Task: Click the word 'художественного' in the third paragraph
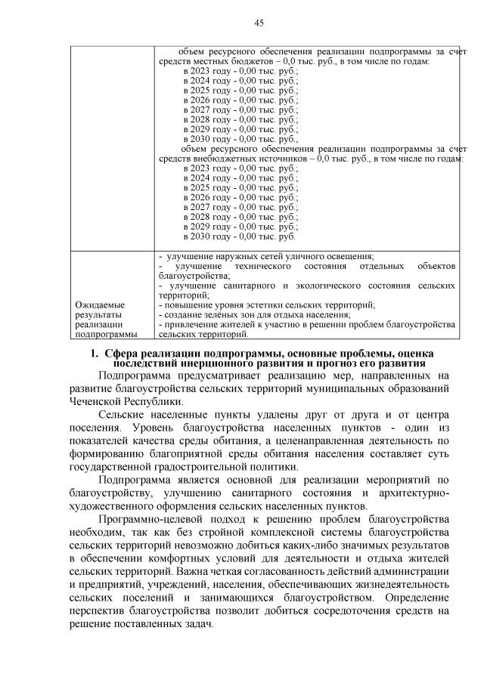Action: point(117,505)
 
